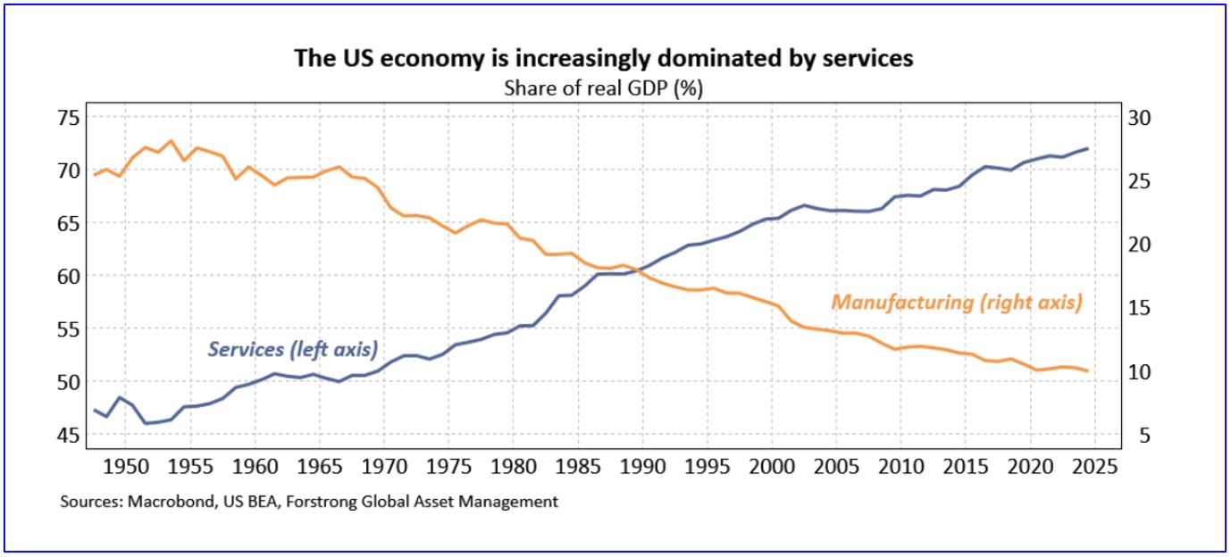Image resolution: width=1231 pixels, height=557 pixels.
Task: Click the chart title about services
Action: (x=604, y=59)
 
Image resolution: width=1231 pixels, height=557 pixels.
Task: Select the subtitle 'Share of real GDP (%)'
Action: (x=604, y=87)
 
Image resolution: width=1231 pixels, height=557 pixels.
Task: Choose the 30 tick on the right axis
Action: (x=1141, y=118)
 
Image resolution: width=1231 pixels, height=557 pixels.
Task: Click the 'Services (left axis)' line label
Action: (x=292, y=349)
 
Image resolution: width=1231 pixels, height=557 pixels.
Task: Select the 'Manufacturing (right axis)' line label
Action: (x=957, y=303)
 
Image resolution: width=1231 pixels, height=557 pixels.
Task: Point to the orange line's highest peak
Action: (x=172, y=141)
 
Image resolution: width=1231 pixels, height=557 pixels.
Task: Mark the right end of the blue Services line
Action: (x=1087, y=148)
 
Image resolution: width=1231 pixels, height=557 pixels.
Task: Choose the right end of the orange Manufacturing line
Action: (x=1087, y=370)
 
